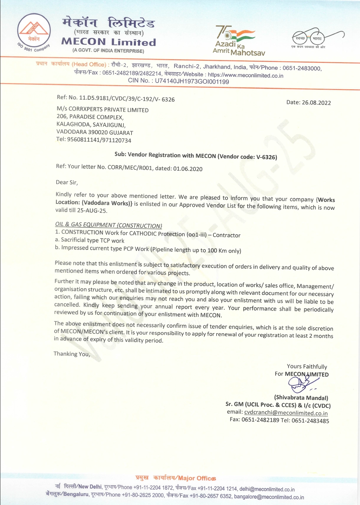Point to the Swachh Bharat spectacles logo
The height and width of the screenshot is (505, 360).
coord(317,38)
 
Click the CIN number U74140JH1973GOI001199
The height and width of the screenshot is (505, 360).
coord(192,81)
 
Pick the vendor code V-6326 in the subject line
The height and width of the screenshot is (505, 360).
coord(266,157)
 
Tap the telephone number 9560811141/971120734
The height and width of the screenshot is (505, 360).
coord(99,140)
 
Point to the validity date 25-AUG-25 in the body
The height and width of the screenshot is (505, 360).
coord(92,210)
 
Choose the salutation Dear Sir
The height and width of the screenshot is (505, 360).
coord(67,182)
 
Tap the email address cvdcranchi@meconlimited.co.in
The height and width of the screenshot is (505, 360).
coord(286,413)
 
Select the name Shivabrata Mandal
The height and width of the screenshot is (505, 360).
coord(301,398)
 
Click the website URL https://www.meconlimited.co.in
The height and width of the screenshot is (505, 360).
coord(245,76)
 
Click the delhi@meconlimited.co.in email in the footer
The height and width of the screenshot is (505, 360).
coord(267,489)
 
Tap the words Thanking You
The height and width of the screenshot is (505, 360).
coord(72,354)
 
